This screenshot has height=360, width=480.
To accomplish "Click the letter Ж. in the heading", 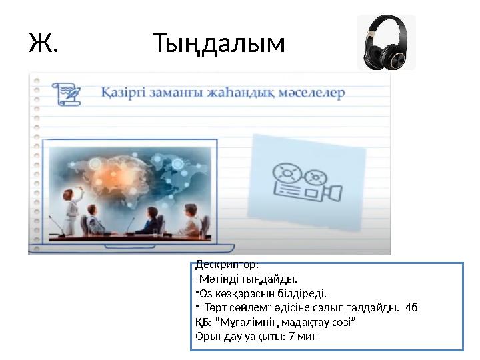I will pos(43,44).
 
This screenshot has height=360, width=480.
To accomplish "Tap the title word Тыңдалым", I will pos(219,45).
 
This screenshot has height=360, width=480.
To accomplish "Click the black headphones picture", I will pos(386,43).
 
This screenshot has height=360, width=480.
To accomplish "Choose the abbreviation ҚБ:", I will pos(202,322).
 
